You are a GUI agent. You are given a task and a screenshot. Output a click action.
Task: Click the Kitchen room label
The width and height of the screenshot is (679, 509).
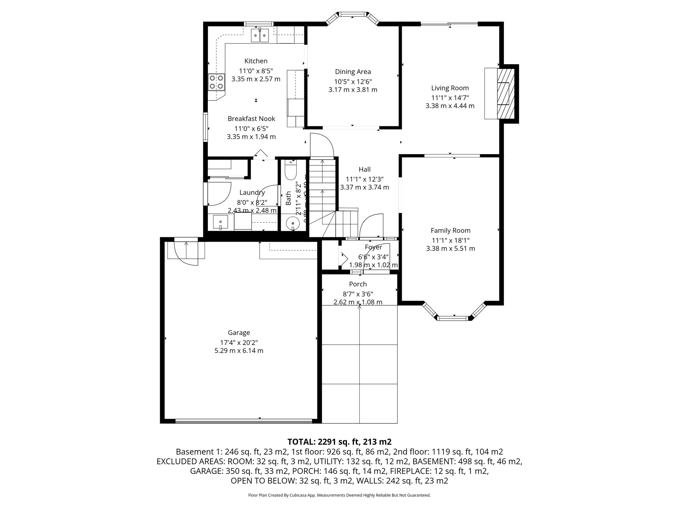256,61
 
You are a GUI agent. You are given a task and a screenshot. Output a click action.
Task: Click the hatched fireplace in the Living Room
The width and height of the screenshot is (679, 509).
505,93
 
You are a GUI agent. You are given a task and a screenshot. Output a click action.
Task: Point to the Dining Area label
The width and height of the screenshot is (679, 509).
353,72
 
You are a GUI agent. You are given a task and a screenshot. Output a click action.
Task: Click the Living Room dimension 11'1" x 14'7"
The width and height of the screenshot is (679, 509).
450,98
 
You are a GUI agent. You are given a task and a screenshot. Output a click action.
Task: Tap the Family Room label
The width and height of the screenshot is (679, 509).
450,231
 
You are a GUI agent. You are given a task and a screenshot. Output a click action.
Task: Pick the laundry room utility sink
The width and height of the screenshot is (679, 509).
220,222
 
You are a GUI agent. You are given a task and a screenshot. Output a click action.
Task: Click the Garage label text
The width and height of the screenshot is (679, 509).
239,333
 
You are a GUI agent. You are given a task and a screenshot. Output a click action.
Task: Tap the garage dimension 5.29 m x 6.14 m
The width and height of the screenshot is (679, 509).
239,351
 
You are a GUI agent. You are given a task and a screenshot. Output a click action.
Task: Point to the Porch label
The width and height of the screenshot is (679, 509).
358,284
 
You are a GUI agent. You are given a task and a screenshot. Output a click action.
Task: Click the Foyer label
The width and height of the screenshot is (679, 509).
373,247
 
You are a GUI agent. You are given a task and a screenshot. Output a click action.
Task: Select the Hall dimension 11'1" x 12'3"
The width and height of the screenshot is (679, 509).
364,179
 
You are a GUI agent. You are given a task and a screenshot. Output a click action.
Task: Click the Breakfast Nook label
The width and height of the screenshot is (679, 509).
251,119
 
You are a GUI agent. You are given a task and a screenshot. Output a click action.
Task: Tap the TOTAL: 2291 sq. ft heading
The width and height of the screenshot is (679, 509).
339,442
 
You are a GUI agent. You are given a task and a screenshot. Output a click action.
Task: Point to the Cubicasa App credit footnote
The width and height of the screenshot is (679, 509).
339,495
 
